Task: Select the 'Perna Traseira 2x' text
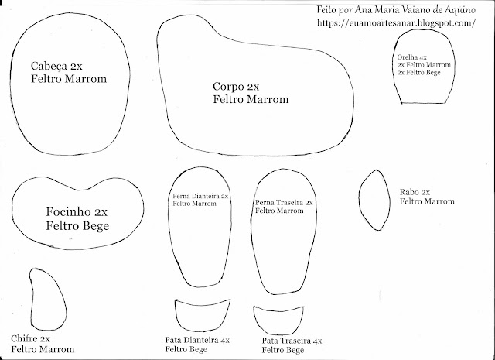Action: coord(283,202)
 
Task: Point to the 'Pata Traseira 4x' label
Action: coord(292,341)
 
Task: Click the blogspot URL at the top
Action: coord(395,23)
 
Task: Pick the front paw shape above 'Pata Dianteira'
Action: coord(203,314)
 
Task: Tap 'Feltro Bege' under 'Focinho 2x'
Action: coord(77,227)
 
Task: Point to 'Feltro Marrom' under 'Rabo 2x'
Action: coord(427,201)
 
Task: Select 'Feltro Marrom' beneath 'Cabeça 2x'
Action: coord(68,79)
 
